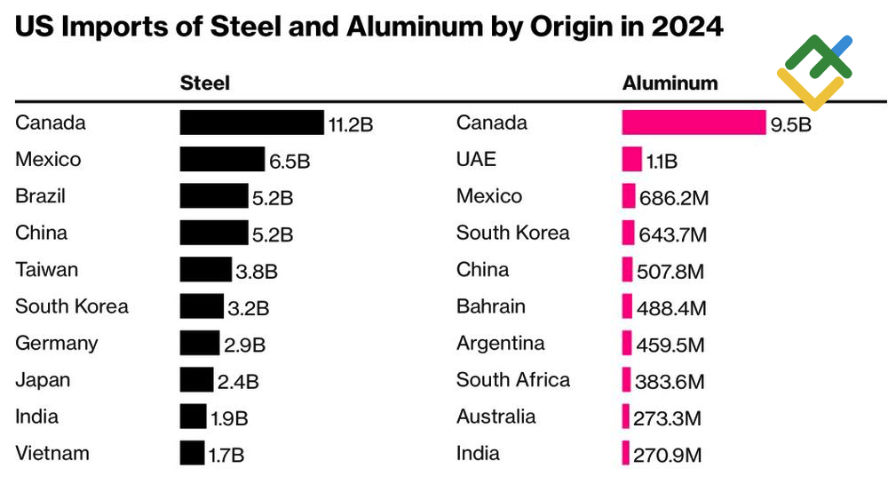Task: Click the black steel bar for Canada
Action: (x=251, y=123)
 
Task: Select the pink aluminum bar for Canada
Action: (x=694, y=123)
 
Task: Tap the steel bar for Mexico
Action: (x=222, y=160)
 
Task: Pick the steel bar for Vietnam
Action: (x=192, y=453)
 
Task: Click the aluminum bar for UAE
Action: (x=631, y=160)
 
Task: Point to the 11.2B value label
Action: (x=351, y=124)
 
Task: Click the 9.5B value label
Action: (x=790, y=124)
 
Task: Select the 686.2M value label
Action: (x=674, y=198)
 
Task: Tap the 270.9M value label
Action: (x=667, y=456)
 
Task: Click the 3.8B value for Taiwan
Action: (x=257, y=272)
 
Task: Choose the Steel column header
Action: (x=205, y=83)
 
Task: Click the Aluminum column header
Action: (x=670, y=83)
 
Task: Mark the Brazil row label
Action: (x=41, y=196)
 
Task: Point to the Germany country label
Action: (x=57, y=344)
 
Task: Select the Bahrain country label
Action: (x=491, y=306)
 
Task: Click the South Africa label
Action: (x=513, y=380)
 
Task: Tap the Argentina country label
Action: (x=501, y=344)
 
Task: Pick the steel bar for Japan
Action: (x=196, y=380)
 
